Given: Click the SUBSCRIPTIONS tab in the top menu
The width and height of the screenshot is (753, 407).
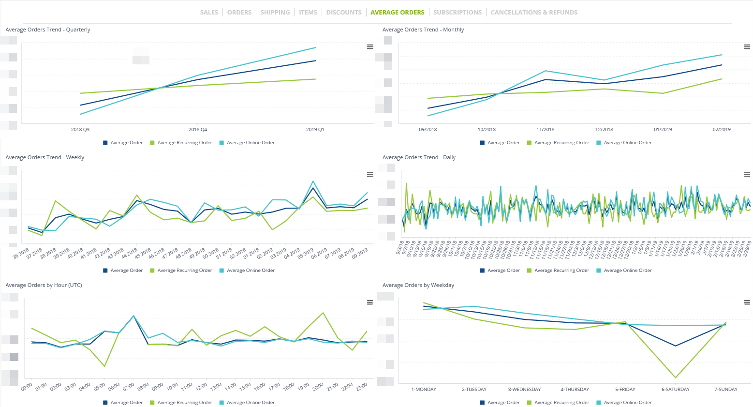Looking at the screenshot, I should [457, 13].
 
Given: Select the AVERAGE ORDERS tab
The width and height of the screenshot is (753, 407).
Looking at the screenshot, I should [397, 13].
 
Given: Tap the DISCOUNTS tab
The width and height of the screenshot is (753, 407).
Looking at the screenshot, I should [343, 13].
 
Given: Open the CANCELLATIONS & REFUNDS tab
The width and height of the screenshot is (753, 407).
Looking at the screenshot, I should [534, 13].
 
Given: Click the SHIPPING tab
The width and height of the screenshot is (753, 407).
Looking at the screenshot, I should [275, 13].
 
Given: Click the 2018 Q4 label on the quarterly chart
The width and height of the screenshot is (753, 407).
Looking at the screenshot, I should [197, 130].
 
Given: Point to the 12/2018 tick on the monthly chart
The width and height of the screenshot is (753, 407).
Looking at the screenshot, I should [604, 130].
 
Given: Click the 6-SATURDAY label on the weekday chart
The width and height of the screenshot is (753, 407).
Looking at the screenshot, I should [676, 390].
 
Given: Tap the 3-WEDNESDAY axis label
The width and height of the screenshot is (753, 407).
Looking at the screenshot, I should [524, 390].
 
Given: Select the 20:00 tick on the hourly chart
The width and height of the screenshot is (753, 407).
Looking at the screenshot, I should [318, 387].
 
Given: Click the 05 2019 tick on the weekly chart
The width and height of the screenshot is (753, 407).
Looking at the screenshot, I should [306, 254].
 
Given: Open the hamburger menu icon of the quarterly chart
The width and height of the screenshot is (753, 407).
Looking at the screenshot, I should [370, 47].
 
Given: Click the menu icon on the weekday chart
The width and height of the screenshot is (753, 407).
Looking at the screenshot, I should [747, 302].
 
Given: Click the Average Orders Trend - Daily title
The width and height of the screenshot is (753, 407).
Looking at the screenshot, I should [419, 158].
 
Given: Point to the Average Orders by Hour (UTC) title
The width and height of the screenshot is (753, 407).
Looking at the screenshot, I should [44, 286].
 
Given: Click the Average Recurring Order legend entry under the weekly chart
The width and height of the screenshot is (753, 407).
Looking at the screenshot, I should [184, 271].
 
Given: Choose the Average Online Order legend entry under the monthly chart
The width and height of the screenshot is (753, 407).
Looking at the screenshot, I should [627, 143].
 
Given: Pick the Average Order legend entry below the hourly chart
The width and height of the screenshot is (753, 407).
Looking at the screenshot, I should [126, 403].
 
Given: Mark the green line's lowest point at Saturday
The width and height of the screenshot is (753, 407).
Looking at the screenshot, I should [676, 377].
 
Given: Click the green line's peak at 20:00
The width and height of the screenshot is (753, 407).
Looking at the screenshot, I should [323, 313].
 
